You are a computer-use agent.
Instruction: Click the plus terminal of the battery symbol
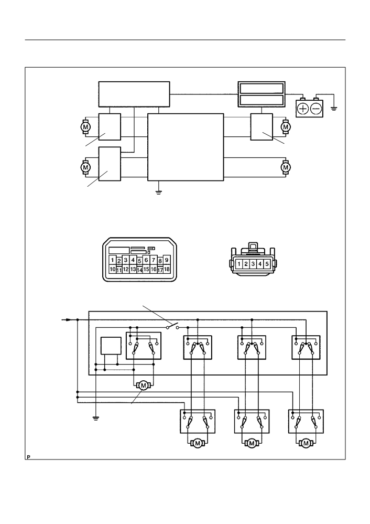[303, 109]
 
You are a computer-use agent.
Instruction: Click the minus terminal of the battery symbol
[316, 109]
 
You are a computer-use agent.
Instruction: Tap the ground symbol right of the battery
[334, 108]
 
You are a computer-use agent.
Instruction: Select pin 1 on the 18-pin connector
[113, 260]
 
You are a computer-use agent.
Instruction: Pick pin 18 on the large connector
[167, 269]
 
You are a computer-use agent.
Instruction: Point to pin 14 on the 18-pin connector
[140, 270]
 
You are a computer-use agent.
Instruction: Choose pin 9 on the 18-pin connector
[167, 260]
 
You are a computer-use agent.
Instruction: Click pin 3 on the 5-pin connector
[253, 264]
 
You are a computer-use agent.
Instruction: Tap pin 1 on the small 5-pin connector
[239, 264]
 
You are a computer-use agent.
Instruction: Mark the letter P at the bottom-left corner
[29, 456]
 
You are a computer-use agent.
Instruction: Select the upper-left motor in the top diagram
[85, 127]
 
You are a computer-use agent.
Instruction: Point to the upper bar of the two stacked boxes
[262, 88]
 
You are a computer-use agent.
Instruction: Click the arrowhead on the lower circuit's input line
[68, 320]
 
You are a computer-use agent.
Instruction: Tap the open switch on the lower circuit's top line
[172, 326]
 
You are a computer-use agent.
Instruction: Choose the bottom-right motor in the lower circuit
[305, 443]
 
